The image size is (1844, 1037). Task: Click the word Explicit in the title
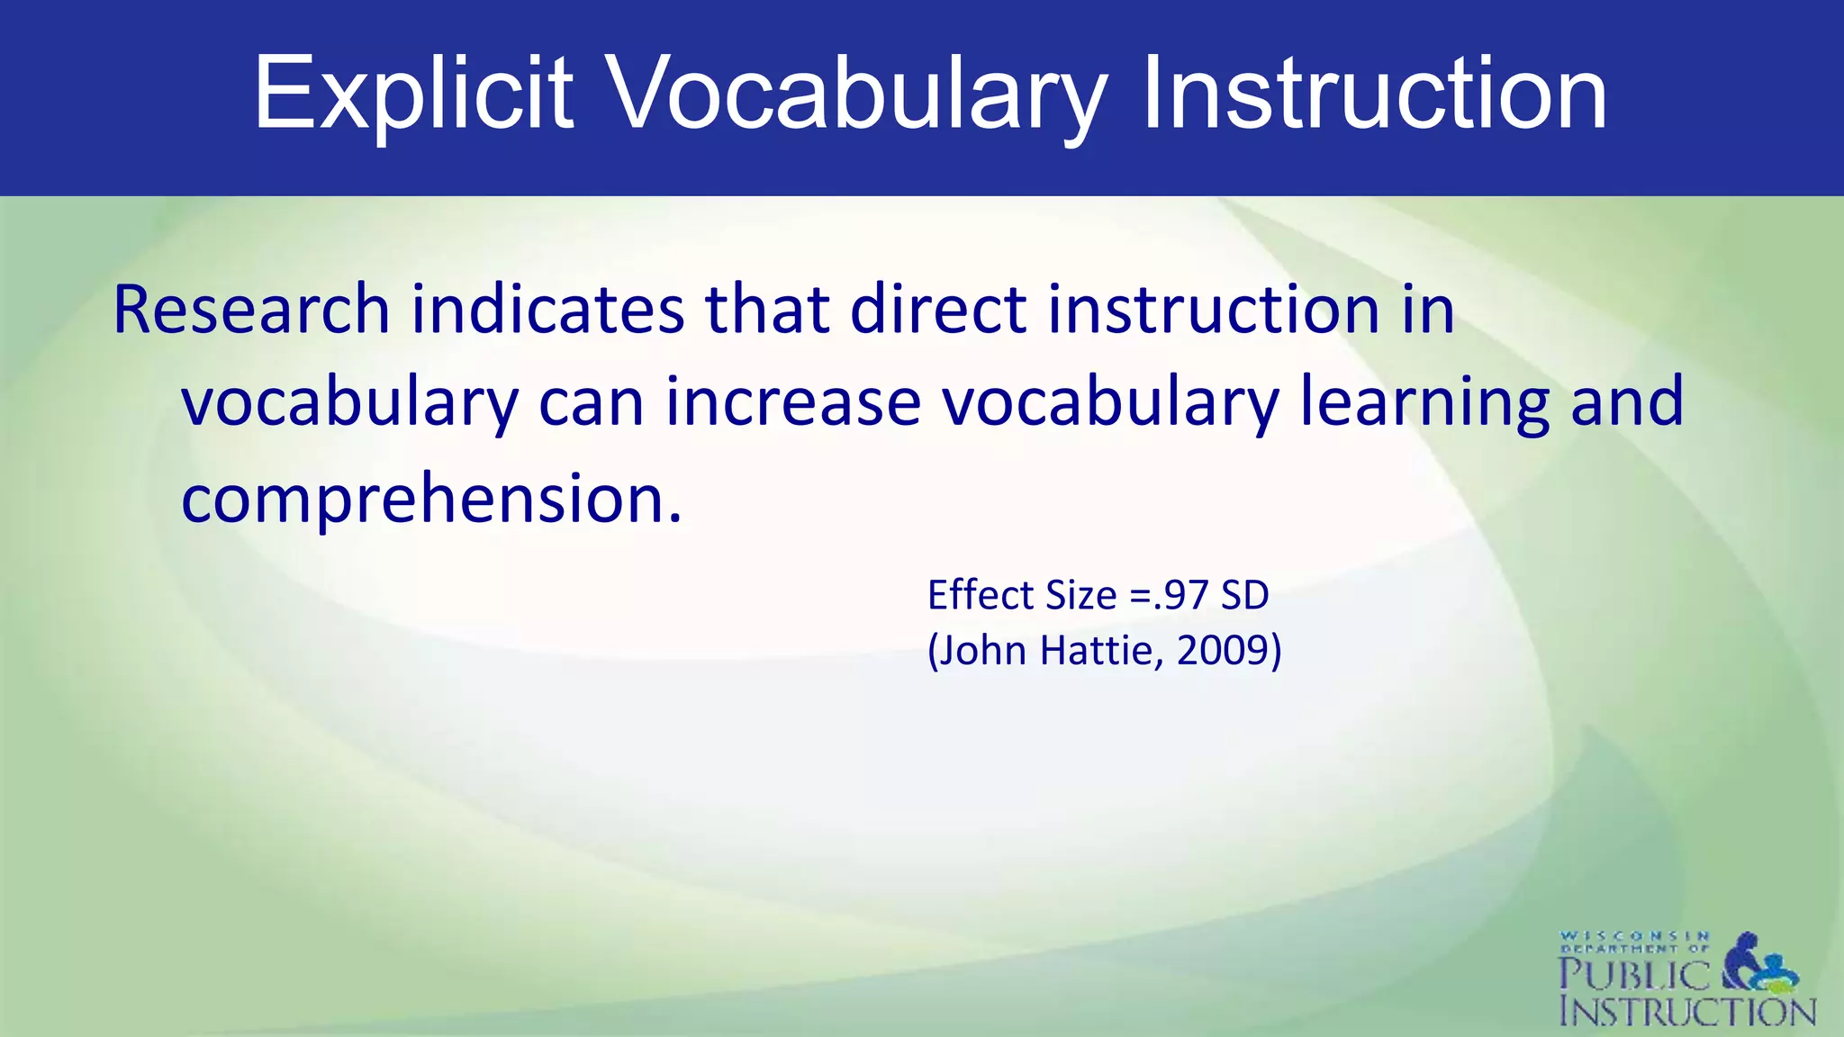point(412,95)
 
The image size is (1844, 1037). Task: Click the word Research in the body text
point(251,311)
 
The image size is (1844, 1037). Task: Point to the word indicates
point(547,311)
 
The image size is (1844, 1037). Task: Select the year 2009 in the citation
point(1223,651)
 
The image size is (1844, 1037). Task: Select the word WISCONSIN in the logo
point(1634,936)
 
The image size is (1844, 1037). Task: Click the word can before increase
point(591,402)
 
